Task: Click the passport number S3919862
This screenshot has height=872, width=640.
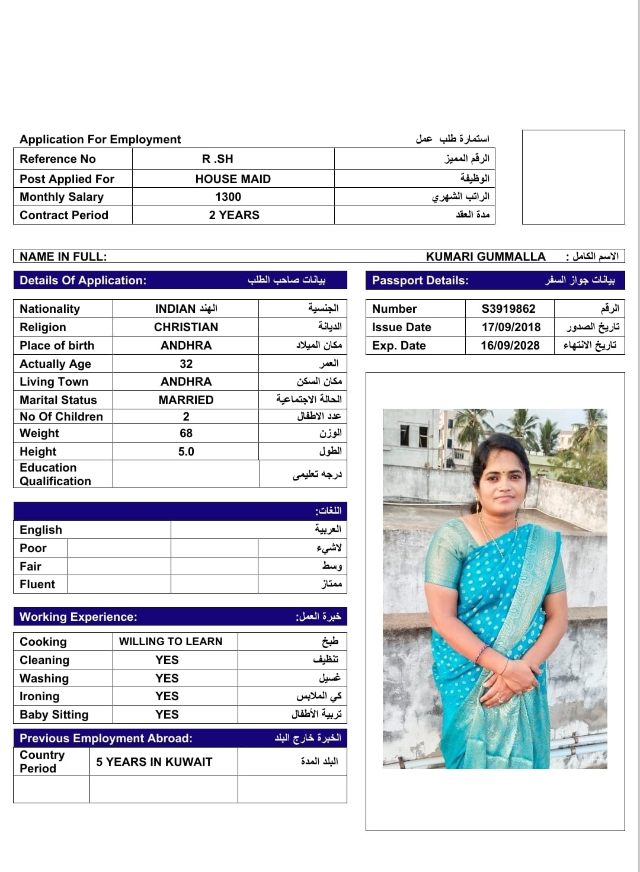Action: [x=508, y=309]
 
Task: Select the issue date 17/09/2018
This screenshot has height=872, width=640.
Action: [x=511, y=327]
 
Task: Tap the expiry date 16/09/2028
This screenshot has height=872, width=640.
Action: [x=510, y=345]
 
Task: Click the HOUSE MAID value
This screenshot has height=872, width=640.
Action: [x=233, y=179]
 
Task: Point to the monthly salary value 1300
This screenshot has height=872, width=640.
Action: [x=228, y=197]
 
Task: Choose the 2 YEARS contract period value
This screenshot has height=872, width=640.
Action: [x=234, y=215]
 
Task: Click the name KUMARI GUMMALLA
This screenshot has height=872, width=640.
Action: [x=485, y=257]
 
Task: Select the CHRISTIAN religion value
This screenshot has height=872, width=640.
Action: [x=186, y=327]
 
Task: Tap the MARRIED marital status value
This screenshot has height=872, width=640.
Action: [x=186, y=400]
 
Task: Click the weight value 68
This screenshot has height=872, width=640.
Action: [x=186, y=433]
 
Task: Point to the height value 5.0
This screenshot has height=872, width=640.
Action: [x=186, y=451]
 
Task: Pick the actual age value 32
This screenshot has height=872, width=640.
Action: [x=186, y=364]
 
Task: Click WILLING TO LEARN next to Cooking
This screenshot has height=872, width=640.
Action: [x=171, y=642]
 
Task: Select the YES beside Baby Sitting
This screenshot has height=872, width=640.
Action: [x=167, y=714]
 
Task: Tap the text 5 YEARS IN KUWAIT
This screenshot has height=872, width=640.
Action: [x=154, y=762]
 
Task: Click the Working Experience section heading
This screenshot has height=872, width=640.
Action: [x=78, y=617]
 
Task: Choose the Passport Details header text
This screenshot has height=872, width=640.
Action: [x=420, y=280]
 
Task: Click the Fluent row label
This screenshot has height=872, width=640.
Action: [x=37, y=584]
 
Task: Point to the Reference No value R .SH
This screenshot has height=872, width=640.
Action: [x=217, y=159]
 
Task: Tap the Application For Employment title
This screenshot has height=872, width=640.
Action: [x=100, y=139]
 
